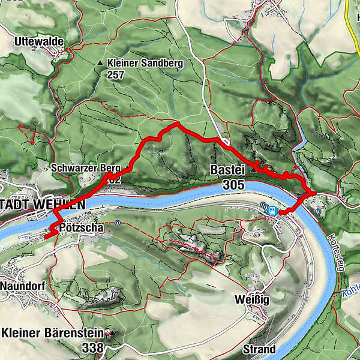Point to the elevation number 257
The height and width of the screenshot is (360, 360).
pyautogui.click(x=118, y=75)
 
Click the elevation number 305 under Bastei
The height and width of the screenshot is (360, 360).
pyautogui.click(x=232, y=185)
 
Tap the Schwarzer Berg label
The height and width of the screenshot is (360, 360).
pyautogui.click(x=86, y=168)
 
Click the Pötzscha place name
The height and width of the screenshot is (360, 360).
pyautogui.click(x=82, y=228)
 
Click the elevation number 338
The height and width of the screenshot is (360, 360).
pyautogui.click(x=93, y=347)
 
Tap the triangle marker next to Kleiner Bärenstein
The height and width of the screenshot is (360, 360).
pyautogui.click(x=110, y=332)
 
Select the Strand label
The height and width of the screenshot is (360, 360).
pyautogui.click(x=259, y=349)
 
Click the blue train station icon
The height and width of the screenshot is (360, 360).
pyautogui.click(x=272, y=211)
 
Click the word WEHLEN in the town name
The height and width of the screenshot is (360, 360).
pyautogui.click(x=61, y=204)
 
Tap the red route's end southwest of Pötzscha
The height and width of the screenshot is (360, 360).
pyautogui.click(x=45, y=238)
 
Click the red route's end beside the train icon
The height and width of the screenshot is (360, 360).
pyautogui.click(x=280, y=212)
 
